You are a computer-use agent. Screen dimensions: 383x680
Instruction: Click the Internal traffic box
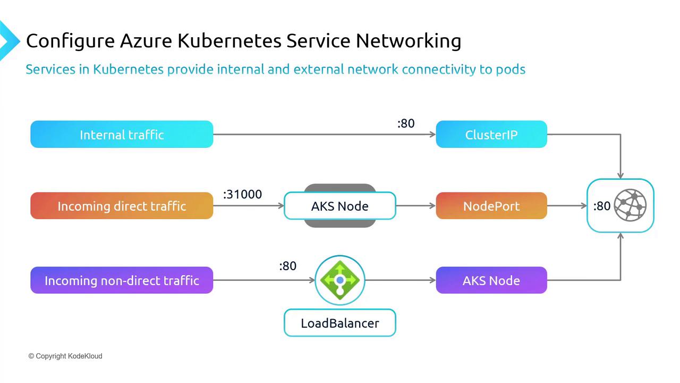point(122,135)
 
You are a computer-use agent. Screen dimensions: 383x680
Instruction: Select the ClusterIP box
point(491,135)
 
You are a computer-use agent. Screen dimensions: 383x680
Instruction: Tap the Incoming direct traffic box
point(122,206)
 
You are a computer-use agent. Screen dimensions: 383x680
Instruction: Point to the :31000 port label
point(242,195)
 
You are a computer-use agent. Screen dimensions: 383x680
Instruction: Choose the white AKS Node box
point(339,206)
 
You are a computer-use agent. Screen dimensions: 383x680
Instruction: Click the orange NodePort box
point(491,206)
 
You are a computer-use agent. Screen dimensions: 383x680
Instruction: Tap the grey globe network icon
point(630,205)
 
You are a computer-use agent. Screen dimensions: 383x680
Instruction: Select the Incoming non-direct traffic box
point(122,280)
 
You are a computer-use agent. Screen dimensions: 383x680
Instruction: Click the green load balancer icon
point(340,280)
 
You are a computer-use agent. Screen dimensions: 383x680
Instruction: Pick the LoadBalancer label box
point(339,323)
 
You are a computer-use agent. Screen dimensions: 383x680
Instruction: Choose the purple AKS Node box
point(491,280)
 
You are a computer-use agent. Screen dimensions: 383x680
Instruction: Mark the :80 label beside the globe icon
point(602,206)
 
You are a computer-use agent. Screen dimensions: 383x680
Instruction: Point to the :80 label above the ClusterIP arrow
point(406,123)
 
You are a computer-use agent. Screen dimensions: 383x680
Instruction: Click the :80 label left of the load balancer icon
point(287,266)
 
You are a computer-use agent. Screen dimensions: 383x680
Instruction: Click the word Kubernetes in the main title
point(230,41)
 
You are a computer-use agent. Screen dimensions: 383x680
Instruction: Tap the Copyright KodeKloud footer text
point(65,356)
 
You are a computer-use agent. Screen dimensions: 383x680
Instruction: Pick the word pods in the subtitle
point(510,69)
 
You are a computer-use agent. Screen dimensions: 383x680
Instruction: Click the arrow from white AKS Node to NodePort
point(415,206)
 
